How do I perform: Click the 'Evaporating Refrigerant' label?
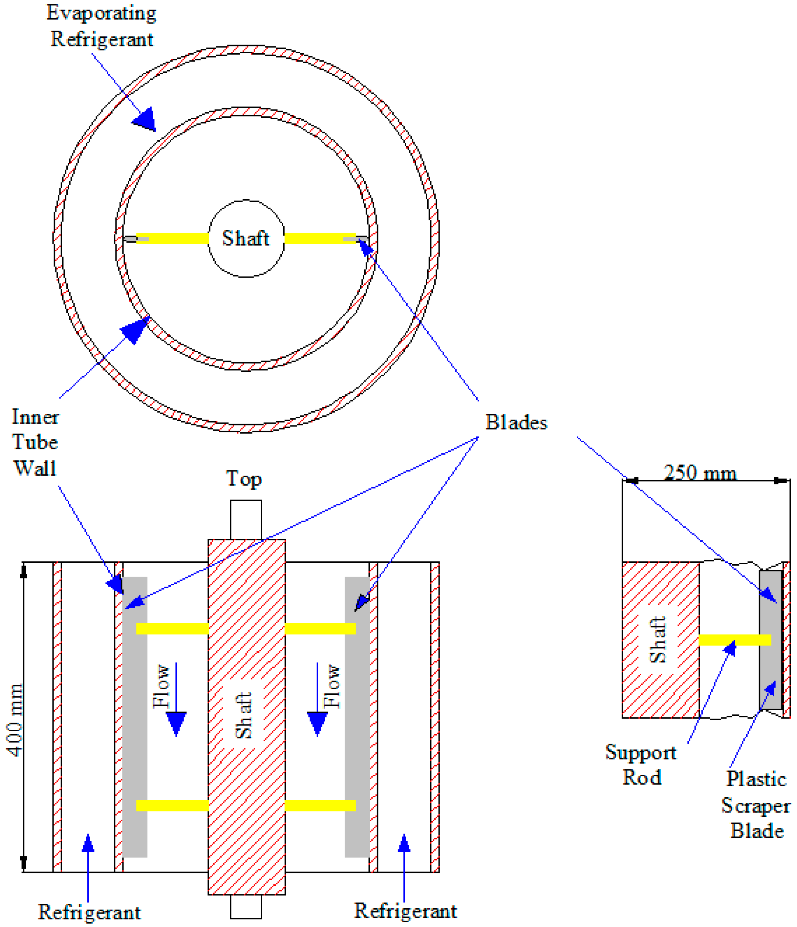tap(101, 25)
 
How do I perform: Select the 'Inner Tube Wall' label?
tap(35, 442)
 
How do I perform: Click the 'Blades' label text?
tap(516, 422)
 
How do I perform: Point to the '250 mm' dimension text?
tap(700, 473)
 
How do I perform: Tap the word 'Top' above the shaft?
tap(244, 479)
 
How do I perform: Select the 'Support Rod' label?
tap(641, 765)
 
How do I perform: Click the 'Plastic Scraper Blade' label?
tap(756, 805)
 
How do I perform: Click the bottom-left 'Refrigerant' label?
tap(89, 912)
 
